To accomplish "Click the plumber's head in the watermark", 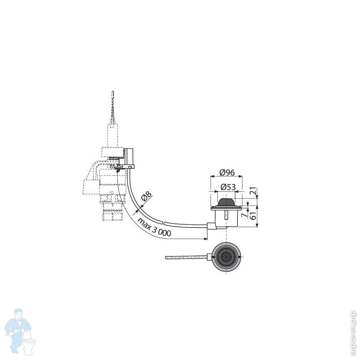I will [x=18, y=314].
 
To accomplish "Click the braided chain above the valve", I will [x=112, y=108].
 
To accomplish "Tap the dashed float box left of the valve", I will [x=90, y=185].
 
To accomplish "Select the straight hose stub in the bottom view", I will [x=187, y=257].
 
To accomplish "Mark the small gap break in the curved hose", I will [x=163, y=222].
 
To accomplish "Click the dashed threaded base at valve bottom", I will [x=112, y=212].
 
